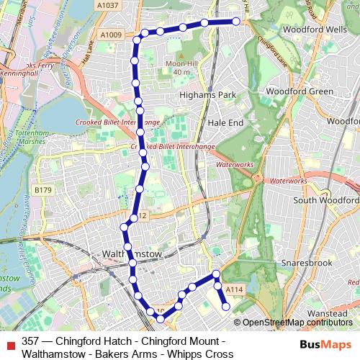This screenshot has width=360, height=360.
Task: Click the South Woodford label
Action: pyautogui.click(x=325, y=200)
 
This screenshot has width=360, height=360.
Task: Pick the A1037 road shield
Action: pyautogui.click(x=106, y=6)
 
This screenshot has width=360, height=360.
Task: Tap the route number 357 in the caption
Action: pyautogui.click(x=31, y=341)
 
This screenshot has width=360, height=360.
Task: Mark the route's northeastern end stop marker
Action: pyautogui.click(x=235, y=22)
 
